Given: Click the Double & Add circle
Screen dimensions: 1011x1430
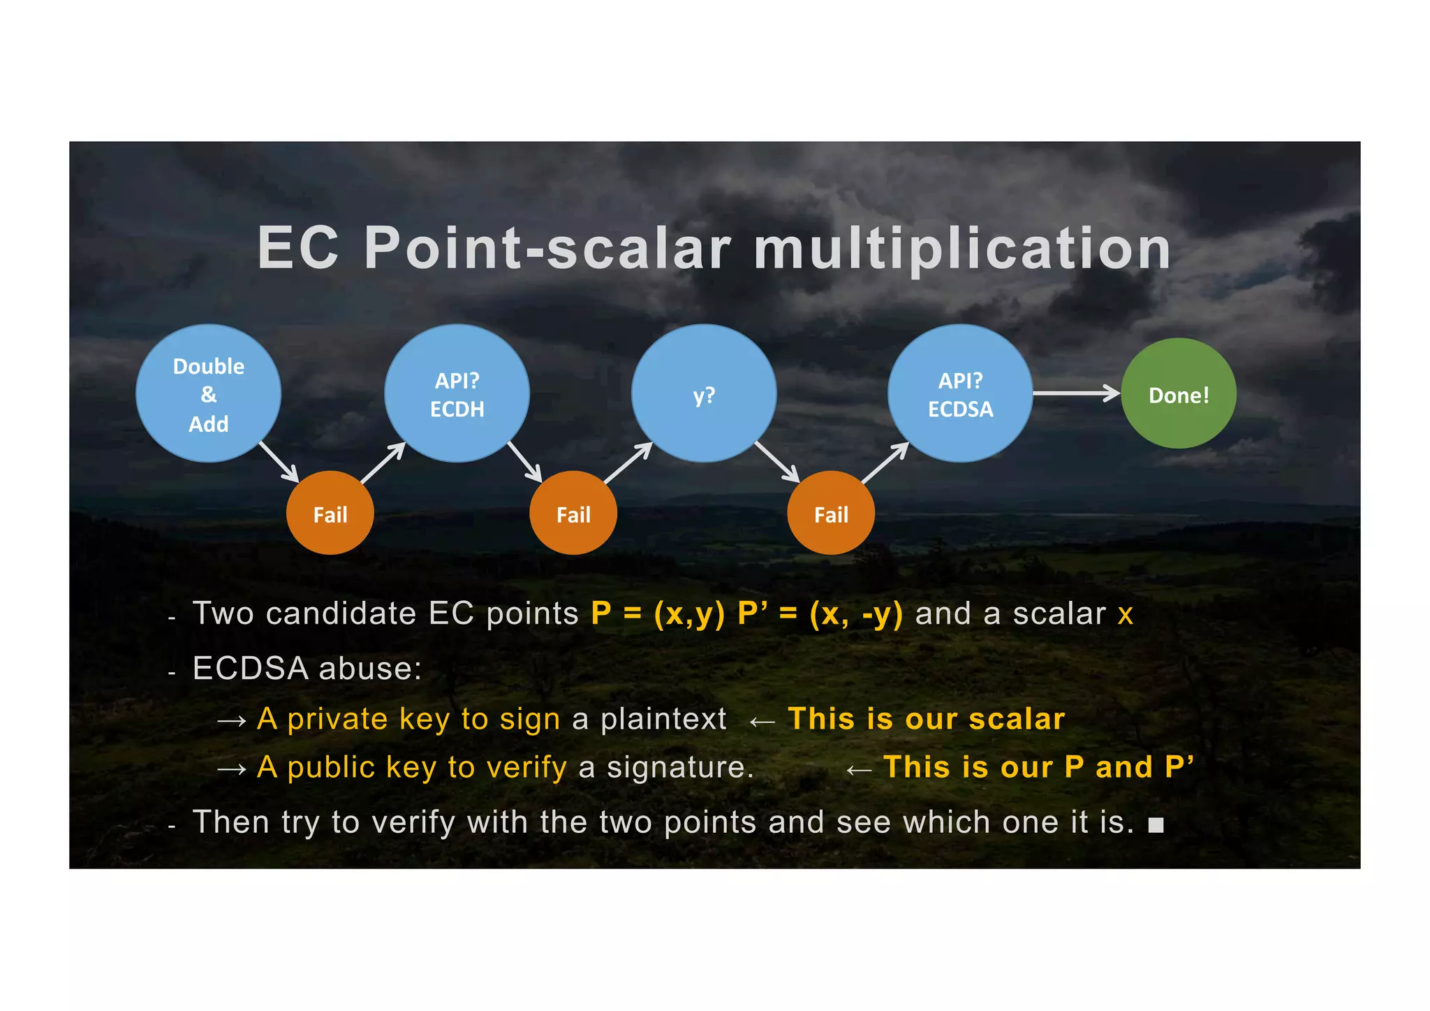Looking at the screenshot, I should pos(208,393).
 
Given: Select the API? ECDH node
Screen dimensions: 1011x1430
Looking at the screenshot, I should pos(457,393).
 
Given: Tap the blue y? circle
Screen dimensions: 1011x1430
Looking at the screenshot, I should pos(704,393).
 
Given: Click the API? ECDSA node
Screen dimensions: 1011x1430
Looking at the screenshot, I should pos(960,393).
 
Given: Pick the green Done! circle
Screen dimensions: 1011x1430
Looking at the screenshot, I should pos(1179,394).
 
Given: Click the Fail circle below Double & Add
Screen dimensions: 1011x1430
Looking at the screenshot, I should pos(330,514).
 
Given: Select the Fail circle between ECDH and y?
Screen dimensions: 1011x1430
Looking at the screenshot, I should pos(573,514).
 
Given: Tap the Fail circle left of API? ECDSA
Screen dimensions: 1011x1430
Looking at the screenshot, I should pos(831,514).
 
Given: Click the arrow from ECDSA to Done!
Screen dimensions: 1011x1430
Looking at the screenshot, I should pos(1075,393).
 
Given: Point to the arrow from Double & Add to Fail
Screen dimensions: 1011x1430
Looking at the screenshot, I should pos(279,462).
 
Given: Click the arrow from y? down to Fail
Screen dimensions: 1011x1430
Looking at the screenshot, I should pos(777,461).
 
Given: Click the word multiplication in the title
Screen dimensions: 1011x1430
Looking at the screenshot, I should pos(961,249).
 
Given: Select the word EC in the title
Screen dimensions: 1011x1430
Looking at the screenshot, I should pos(298,249).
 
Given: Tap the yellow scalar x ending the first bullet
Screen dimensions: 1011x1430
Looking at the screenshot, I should pos(1125,615).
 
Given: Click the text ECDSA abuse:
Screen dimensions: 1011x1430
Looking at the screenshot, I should pos(307,669).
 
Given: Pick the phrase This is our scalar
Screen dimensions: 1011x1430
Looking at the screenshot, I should pos(926,719).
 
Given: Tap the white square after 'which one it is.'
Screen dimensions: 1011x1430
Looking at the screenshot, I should pos(1156,825).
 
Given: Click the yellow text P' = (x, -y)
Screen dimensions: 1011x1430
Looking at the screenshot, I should pos(820,615).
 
